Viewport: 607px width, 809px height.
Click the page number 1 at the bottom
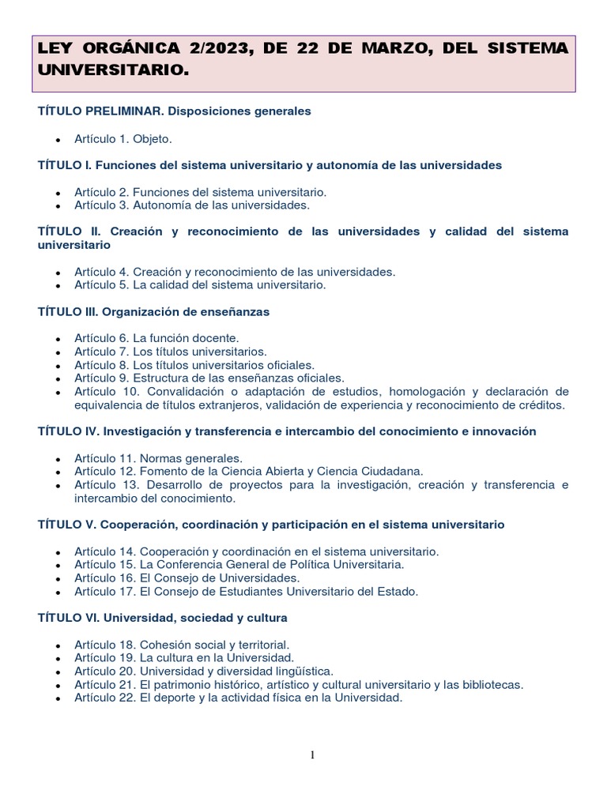[312, 755]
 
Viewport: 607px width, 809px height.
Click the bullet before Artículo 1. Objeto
[58, 140]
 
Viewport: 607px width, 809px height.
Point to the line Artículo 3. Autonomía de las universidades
[192, 205]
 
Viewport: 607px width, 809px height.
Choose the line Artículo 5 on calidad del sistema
[200, 284]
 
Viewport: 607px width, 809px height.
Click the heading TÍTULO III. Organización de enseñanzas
[153, 312]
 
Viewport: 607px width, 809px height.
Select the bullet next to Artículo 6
[58, 339]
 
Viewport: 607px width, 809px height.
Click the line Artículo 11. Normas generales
[158, 458]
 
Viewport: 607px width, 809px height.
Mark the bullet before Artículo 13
[58, 486]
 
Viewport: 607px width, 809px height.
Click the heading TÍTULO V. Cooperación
[271, 525]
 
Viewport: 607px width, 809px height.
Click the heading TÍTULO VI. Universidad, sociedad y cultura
[162, 617]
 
